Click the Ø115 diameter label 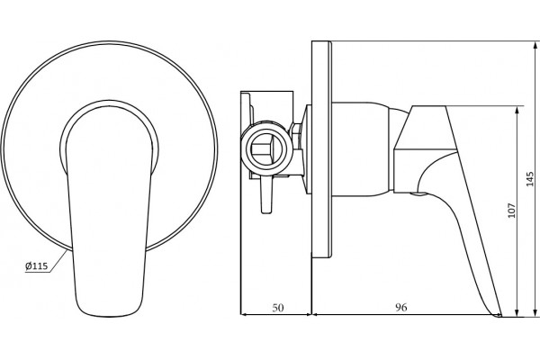click(36, 266)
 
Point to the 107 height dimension click(512, 210)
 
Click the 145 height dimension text click(531, 179)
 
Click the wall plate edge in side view click(321, 149)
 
